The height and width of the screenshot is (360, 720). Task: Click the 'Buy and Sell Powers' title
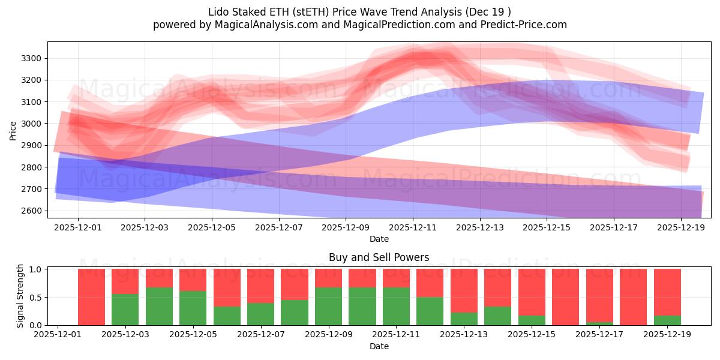click(379, 257)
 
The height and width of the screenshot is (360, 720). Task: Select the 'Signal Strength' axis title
click(20, 295)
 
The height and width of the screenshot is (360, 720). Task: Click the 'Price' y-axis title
click(13, 130)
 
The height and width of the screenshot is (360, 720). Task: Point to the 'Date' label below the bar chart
click(379, 346)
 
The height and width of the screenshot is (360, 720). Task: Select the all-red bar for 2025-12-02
click(91, 297)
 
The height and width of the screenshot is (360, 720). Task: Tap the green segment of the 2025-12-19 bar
click(667, 320)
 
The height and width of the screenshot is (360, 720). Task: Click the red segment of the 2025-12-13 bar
click(464, 290)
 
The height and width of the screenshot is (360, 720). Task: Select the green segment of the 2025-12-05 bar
click(193, 308)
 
